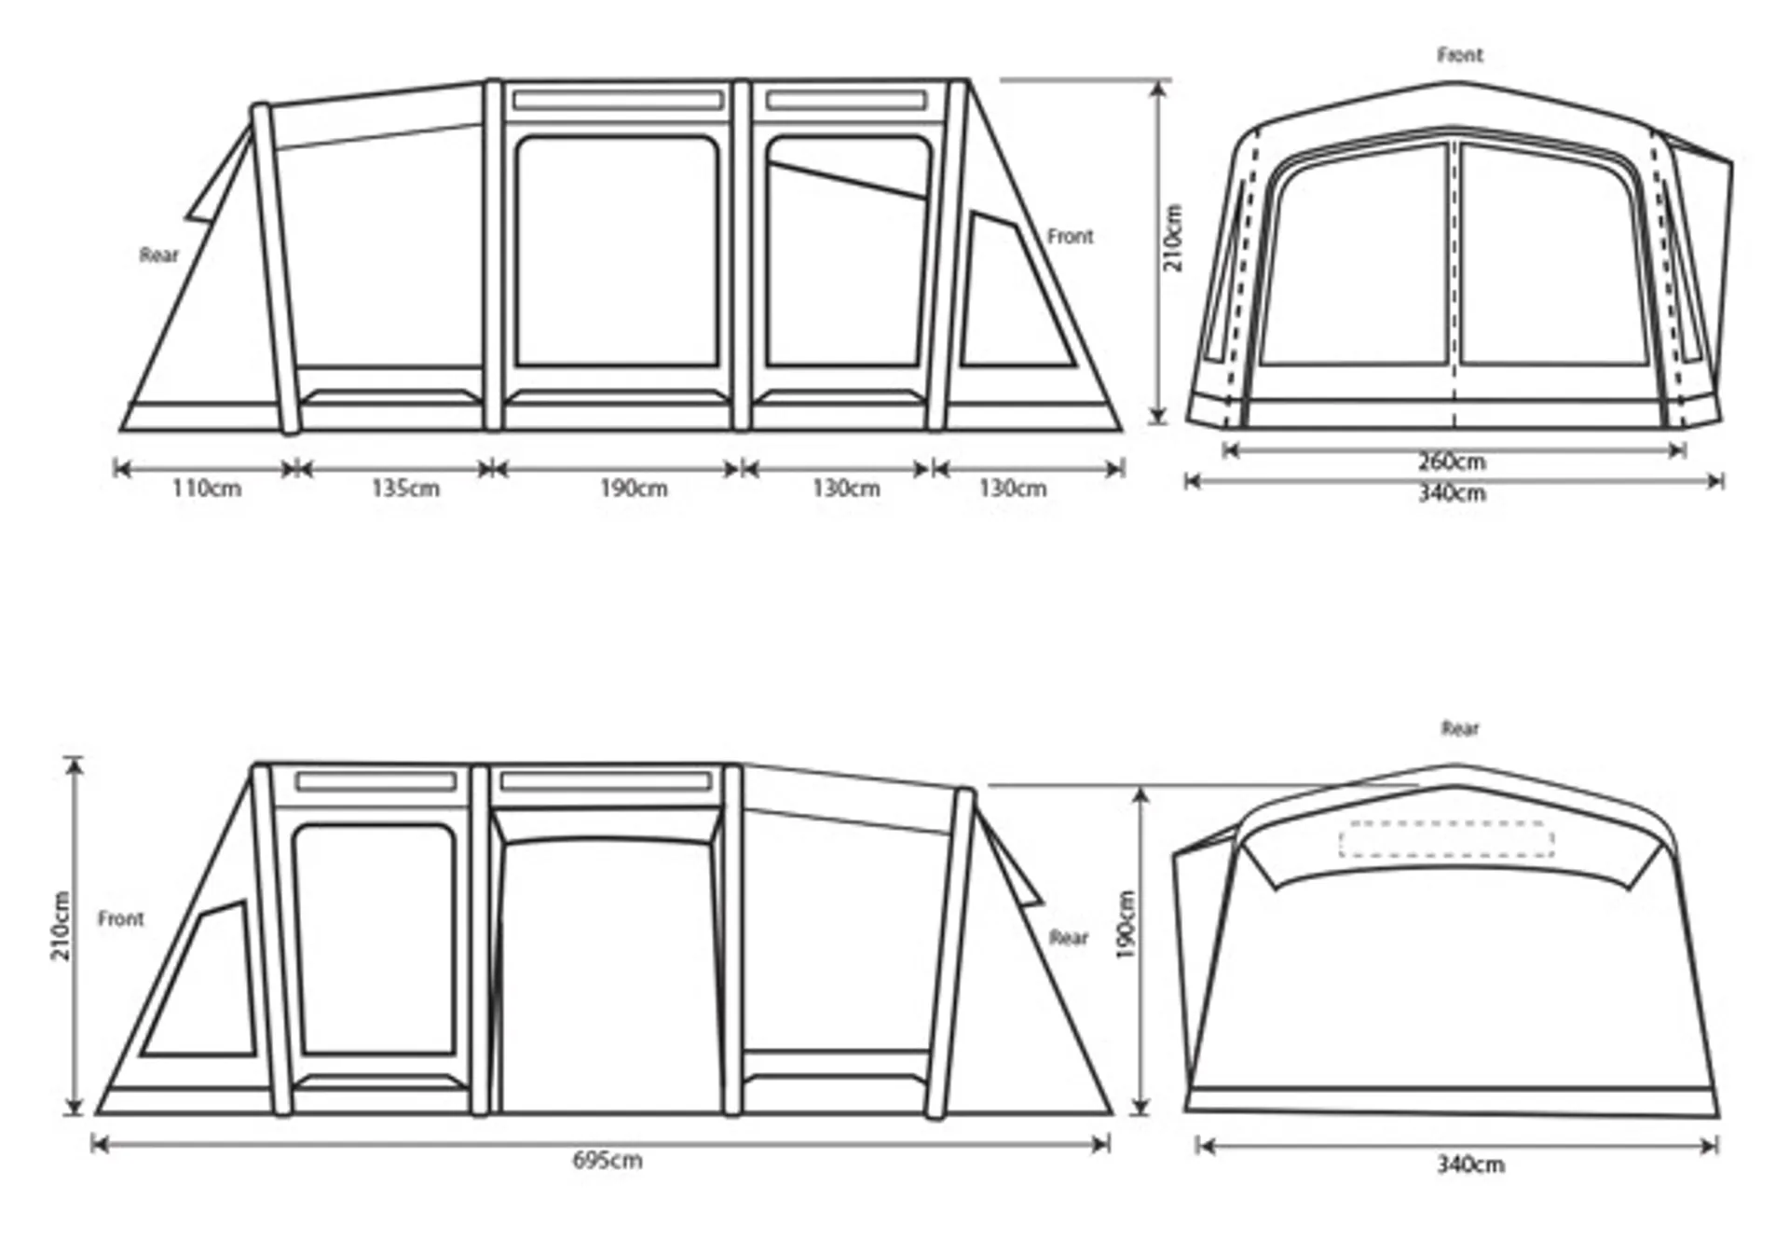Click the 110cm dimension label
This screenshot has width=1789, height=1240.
pos(207,489)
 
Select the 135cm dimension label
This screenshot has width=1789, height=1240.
pos(405,489)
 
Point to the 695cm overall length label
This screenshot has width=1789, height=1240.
pos(607,1161)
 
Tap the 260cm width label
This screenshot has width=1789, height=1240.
pos(1452,462)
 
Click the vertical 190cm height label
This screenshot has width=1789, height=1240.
pos(1126,925)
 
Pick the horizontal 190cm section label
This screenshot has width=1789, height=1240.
pos(634,489)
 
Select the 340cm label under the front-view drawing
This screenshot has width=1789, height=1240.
pos(1452,493)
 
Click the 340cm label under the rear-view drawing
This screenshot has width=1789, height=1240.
pos(1470,1164)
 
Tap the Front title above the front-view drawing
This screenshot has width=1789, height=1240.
pos(1460,55)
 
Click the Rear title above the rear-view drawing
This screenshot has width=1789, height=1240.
pos(1460,728)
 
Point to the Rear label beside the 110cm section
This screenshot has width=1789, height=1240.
pos(159,255)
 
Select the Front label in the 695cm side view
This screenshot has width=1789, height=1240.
pos(121,918)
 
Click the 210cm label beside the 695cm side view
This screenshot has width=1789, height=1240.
pos(61,926)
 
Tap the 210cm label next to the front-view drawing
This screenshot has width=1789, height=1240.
pos(1173,238)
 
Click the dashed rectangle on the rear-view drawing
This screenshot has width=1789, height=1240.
pos(1446,839)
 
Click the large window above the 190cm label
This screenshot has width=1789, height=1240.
pos(617,252)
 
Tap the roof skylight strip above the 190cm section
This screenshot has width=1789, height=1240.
pos(617,100)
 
